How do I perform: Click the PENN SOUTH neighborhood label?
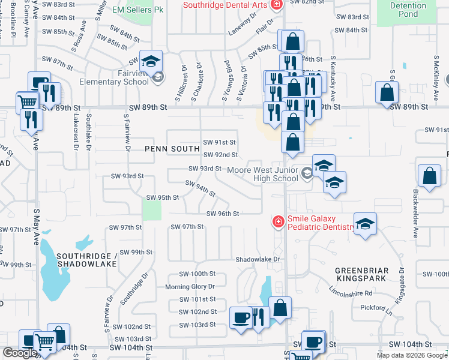[172, 148]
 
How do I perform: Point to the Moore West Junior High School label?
[263, 174]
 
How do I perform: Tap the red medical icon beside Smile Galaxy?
[278, 222]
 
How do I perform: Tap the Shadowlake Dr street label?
[258, 259]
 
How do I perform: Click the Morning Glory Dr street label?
[190, 287]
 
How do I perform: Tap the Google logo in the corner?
[19, 353]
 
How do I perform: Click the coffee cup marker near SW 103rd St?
[241, 317]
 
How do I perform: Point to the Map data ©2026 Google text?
[411, 355]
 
